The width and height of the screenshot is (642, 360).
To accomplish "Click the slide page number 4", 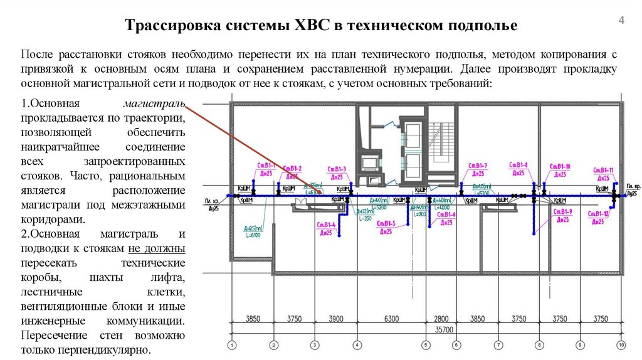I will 621,21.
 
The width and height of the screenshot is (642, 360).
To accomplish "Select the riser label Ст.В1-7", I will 477,166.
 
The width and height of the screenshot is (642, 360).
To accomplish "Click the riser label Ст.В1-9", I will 562,212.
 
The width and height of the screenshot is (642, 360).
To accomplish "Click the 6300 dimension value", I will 391,319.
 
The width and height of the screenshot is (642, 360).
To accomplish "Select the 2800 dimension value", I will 441,319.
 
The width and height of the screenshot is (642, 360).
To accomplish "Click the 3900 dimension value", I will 335,319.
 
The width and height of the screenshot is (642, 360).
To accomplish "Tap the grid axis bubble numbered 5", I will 425,344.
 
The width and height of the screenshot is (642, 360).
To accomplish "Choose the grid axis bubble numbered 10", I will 621,344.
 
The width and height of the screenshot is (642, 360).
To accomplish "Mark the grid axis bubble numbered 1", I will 232,344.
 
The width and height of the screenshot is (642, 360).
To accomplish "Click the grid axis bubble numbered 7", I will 498,344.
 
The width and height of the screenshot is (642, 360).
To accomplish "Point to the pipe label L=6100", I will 252,235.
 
